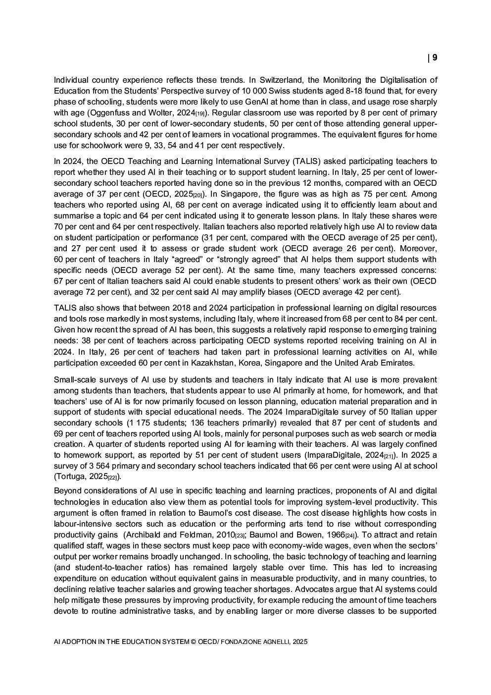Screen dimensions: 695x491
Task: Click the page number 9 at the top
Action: point(435,57)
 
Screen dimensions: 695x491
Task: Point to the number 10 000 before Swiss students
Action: point(256,91)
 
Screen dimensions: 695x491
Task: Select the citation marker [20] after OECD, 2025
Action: point(197,195)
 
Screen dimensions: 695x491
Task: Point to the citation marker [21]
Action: point(389,456)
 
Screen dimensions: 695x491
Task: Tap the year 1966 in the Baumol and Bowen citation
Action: point(335,535)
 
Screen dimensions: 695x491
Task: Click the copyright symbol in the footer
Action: point(193,642)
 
